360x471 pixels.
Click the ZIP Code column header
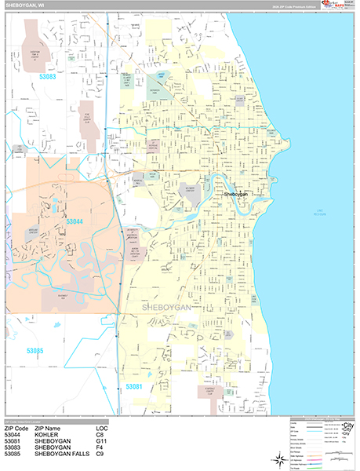20,427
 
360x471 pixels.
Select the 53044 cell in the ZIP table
16,434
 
